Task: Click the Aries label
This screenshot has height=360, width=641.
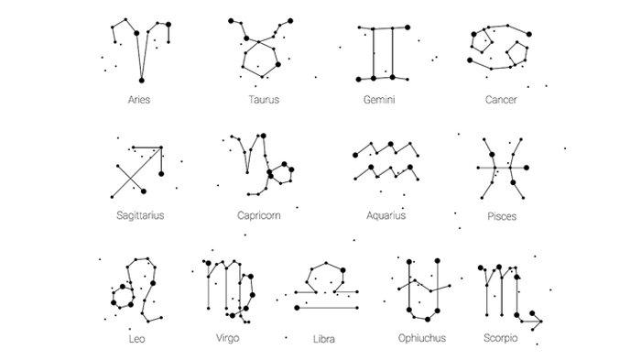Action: pyautogui.click(x=140, y=98)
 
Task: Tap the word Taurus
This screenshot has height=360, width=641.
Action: pyautogui.click(x=264, y=98)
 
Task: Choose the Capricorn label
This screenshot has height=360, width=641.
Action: pyautogui.click(x=257, y=216)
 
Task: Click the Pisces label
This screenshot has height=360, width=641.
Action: pyautogui.click(x=502, y=217)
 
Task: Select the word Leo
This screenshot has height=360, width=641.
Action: pyautogui.click(x=138, y=338)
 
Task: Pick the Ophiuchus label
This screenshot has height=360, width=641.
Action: pyautogui.click(x=422, y=338)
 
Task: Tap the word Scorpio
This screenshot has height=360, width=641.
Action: pyautogui.click(x=501, y=338)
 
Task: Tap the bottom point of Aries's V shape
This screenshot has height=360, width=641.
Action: pyautogui.click(x=139, y=81)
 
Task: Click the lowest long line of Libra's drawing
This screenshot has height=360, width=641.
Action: pyautogui.click(x=325, y=309)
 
